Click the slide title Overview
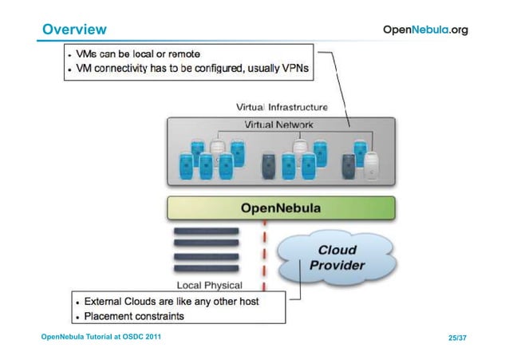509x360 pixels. (74, 30)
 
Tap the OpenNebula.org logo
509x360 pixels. (425, 30)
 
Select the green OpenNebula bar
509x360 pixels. (281, 208)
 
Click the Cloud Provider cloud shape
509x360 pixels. (336, 257)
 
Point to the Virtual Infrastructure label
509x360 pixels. (282, 106)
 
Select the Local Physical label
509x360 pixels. (209, 285)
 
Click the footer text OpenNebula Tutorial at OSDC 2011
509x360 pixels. (101, 338)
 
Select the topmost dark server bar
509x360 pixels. (206, 231)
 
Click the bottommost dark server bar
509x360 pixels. (206, 270)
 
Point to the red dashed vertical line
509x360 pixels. (264, 255)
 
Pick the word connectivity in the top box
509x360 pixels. (141, 69)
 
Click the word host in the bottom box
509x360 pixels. (266, 302)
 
